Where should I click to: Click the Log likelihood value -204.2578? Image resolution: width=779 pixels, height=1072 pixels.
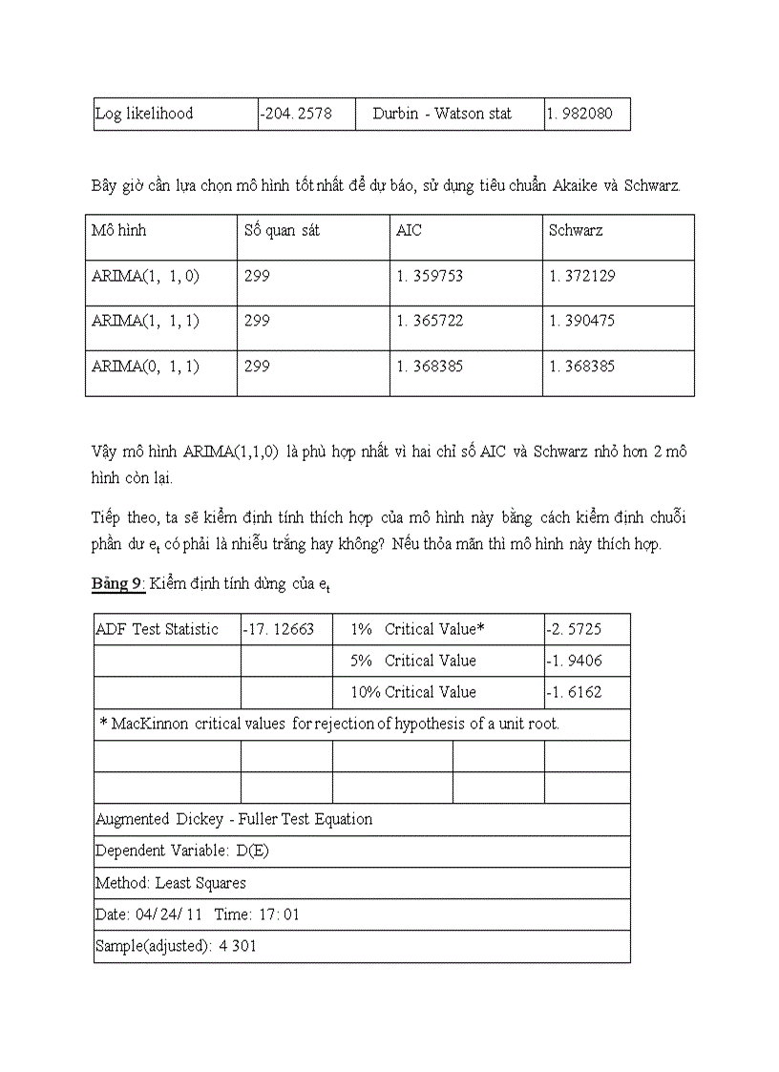(x=296, y=114)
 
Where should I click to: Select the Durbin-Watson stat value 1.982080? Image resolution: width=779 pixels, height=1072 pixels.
(x=580, y=114)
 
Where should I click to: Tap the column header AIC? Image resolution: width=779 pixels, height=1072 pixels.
(x=409, y=231)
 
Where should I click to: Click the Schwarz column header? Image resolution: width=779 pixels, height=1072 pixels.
(x=576, y=231)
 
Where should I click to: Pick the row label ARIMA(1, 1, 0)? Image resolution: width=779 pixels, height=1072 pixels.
(x=145, y=276)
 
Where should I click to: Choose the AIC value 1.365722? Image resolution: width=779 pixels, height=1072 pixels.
(x=430, y=321)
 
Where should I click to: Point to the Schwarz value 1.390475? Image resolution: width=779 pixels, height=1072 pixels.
(x=582, y=321)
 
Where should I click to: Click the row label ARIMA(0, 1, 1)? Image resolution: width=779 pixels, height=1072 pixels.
(x=145, y=366)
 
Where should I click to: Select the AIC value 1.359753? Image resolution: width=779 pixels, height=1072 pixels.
(x=430, y=276)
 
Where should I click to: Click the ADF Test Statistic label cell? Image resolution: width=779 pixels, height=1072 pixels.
(x=157, y=629)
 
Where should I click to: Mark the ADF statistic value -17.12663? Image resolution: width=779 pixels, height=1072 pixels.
(x=279, y=629)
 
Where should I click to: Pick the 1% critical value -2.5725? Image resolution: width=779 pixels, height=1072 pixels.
(x=574, y=629)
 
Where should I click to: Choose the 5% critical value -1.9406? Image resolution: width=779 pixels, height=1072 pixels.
(x=574, y=661)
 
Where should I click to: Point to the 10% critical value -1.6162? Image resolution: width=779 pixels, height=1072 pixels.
(x=574, y=692)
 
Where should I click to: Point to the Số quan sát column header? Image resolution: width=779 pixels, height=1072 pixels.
(x=282, y=231)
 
